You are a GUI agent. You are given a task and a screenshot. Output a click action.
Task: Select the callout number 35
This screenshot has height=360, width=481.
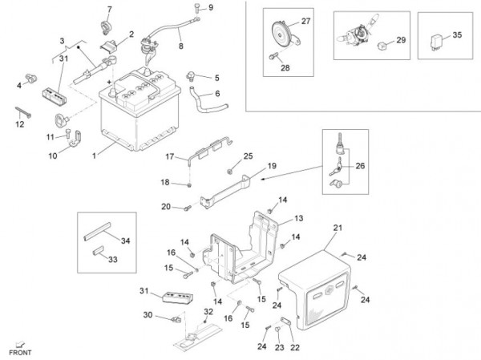tap(458, 35)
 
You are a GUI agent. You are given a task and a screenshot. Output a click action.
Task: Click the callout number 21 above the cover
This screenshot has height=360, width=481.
tap(337, 229)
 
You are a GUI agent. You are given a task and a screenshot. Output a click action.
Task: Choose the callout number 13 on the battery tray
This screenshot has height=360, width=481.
tap(298, 218)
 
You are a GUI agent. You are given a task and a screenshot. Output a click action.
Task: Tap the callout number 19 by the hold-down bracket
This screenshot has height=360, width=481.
tap(272, 165)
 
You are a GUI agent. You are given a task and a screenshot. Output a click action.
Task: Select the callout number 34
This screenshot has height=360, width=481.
tap(124, 240)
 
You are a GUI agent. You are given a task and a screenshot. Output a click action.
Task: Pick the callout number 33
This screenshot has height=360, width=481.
tap(112, 259)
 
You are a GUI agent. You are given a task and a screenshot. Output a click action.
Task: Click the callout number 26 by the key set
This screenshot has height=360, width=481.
tap(359, 166)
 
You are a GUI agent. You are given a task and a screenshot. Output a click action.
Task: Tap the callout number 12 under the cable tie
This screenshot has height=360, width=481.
tap(20, 124)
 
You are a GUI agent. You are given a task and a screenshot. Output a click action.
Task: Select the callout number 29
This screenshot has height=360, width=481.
tap(402, 39)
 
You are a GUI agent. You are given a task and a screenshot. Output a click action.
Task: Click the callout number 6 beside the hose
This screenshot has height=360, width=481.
tap(216, 93)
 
